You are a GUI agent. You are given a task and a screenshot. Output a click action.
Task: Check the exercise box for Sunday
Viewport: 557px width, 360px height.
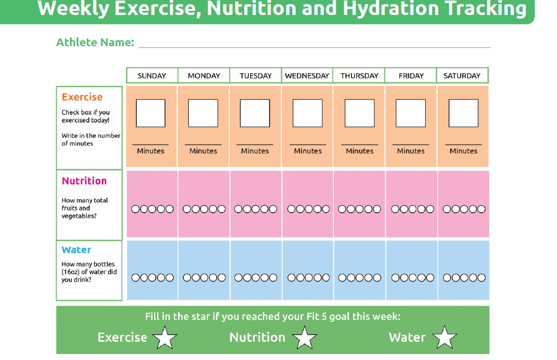(150, 113)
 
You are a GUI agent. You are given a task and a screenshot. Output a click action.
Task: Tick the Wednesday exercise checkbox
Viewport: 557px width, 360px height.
(308, 113)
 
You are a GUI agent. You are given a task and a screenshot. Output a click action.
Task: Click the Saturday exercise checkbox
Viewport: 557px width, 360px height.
(463, 113)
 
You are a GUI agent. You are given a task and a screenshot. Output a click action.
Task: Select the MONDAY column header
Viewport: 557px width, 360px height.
(204, 76)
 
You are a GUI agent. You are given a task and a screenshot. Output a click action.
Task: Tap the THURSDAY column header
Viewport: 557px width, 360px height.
(360, 76)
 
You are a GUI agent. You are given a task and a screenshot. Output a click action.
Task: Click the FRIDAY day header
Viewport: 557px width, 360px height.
(411, 76)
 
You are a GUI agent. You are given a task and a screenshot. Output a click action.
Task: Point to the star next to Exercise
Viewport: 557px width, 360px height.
(165, 338)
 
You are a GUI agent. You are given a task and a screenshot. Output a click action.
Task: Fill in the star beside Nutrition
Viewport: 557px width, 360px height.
(305, 338)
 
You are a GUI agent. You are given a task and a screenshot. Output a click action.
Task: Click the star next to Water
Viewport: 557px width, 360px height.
(444, 338)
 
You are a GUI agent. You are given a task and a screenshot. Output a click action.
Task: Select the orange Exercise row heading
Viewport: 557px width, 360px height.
(82, 97)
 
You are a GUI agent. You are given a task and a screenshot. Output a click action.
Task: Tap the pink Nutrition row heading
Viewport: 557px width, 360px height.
(84, 181)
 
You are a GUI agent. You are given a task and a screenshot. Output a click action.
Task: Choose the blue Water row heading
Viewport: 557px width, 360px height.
(77, 250)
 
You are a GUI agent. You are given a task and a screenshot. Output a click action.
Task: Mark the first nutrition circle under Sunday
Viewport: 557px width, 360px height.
(136, 209)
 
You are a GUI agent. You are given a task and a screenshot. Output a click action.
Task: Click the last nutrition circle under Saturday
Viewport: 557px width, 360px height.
(481, 209)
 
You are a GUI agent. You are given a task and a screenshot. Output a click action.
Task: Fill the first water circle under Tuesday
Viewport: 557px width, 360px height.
(239, 278)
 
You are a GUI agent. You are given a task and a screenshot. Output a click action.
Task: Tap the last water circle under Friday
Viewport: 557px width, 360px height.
(430, 278)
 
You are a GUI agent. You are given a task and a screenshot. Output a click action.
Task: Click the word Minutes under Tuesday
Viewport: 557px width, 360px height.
(255, 151)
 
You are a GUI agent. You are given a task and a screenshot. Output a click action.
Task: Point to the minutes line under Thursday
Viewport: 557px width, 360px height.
(360, 145)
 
